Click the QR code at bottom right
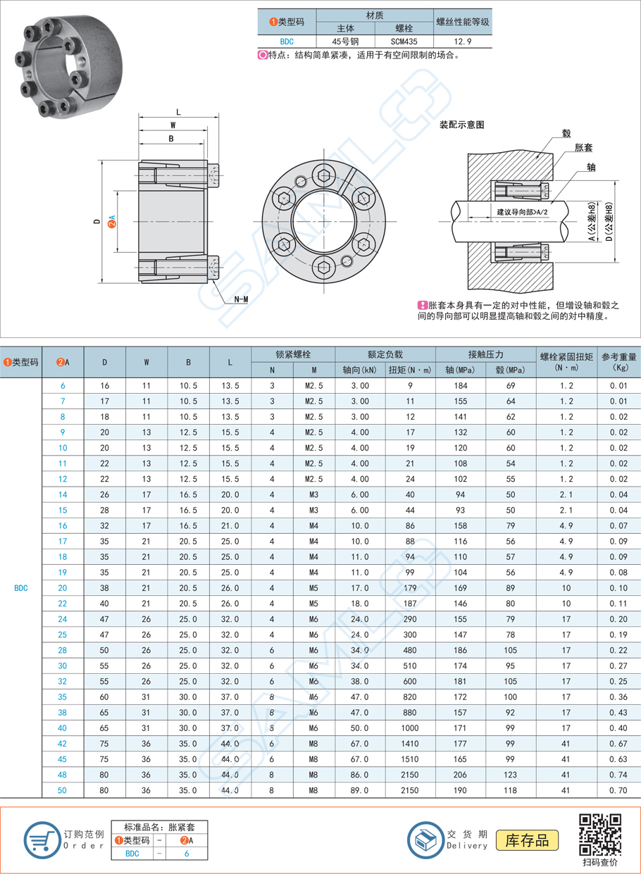coord(600,835)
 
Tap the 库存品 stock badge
coord(527,840)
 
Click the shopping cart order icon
coord(42,839)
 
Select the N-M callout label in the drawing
coord(240,299)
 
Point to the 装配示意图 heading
coord(461,125)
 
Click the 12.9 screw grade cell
coord(461,42)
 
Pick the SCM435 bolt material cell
coord(404,42)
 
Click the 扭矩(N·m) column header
coord(409,370)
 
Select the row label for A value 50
coord(63,790)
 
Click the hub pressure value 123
coord(511,775)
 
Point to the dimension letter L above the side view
coord(178,112)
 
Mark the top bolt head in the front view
coord(323,176)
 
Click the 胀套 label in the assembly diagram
coord(583,148)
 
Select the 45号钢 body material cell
coord(345,42)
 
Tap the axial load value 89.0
coord(359,790)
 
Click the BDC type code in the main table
coord(21,587)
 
